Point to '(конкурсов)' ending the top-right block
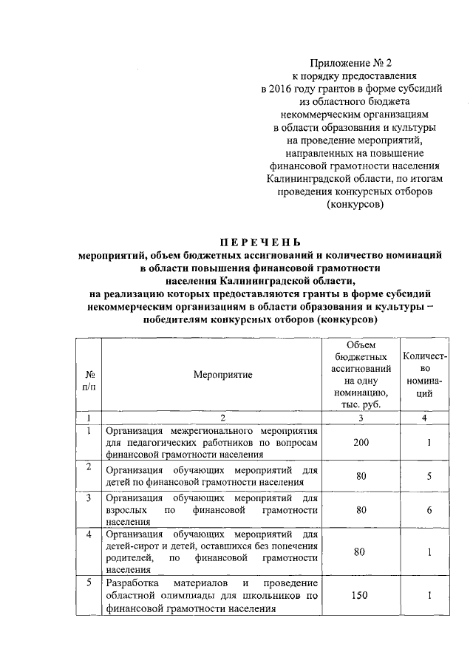pyautogui.click(x=355, y=205)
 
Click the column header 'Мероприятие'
pyautogui.click(x=213, y=375)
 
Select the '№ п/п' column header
pyautogui.click(x=89, y=380)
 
